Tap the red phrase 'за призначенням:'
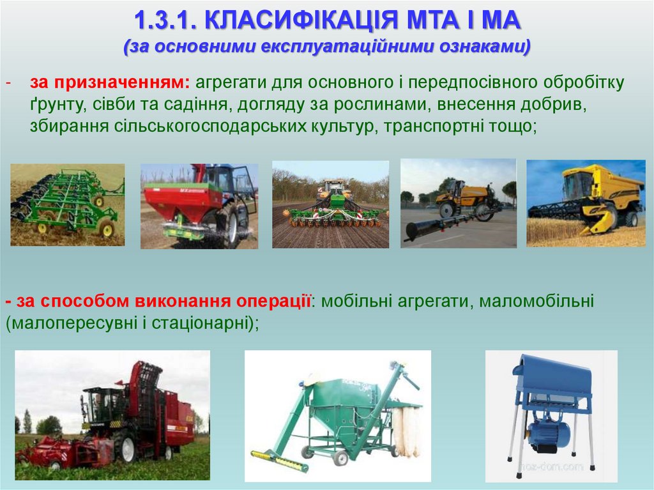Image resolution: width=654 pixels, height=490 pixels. [109, 83]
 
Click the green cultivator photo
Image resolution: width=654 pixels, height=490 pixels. [67, 204]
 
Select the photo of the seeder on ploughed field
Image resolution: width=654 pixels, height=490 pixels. [330, 204]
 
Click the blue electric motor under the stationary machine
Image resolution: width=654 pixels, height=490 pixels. [548, 434]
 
